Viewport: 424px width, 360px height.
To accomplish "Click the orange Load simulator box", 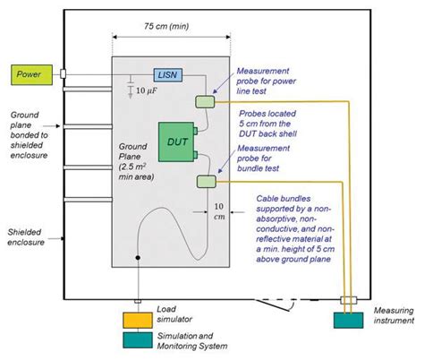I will [x=140, y=320].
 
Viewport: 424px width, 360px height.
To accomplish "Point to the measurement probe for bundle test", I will [x=208, y=183].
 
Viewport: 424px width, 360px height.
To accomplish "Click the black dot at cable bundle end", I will [x=137, y=260].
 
